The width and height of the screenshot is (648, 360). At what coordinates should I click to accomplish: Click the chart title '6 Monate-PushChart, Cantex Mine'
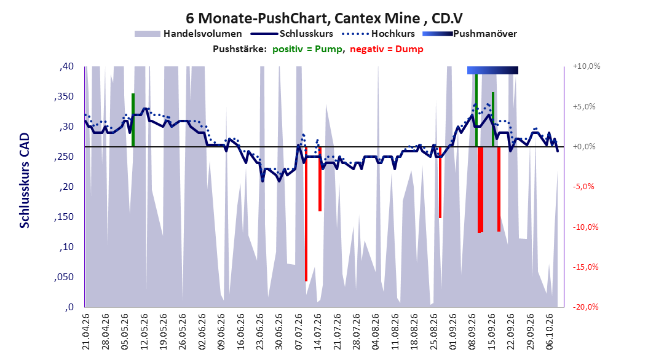[x=303, y=18]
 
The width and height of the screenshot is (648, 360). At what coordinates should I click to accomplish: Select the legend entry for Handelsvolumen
[x=188, y=34]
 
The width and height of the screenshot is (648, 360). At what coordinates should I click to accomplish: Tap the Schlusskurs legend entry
[x=292, y=34]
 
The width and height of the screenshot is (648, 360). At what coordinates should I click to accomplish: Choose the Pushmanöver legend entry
[x=470, y=34]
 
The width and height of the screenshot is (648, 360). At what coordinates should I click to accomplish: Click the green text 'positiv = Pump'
[x=307, y=49]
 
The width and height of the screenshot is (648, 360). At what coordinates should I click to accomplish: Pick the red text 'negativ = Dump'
[x=387, y=49]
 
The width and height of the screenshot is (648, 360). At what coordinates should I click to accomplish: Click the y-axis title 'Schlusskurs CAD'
[x=25, y=181]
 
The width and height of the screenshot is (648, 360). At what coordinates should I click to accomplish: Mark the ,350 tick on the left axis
[x=64, y=96]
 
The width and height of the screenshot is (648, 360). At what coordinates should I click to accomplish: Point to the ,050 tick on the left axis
[x=64, y=277]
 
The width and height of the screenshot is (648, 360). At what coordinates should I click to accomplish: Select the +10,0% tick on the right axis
[x=587, y=66]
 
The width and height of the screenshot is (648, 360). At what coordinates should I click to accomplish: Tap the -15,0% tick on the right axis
[x=585, y=267]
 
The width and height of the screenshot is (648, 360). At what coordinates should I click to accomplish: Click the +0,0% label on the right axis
[x=584, y=147]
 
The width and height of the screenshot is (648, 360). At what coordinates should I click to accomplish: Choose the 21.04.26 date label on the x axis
[x=86, y=332]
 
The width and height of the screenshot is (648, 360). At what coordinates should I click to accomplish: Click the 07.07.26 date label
[x=299, y=332]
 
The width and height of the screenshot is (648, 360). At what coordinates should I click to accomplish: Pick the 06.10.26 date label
[x=550, y=332]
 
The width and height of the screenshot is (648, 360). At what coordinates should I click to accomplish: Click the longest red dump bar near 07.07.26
[x=306, y=214]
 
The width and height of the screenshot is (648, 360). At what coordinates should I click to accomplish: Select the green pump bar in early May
[x=133, y=120]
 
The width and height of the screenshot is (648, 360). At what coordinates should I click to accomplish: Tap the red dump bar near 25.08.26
[x=440, y=182]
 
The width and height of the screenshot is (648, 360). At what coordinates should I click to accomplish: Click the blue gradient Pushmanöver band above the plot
[x=492, y=70]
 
